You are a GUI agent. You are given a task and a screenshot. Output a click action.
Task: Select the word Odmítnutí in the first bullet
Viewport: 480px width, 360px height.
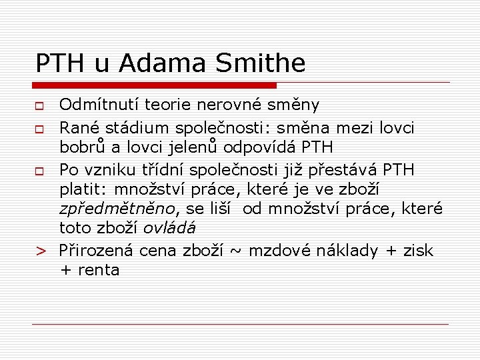coord(99,105)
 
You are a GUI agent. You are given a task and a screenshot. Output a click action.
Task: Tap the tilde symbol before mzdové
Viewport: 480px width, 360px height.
coord(235,251)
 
